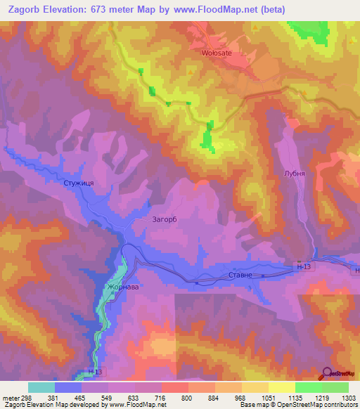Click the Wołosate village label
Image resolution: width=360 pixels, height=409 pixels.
(x=217, y=53)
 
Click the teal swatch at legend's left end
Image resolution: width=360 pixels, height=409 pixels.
(x=41, y=387)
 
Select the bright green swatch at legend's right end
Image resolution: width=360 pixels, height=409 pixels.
(x=335, y=387)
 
